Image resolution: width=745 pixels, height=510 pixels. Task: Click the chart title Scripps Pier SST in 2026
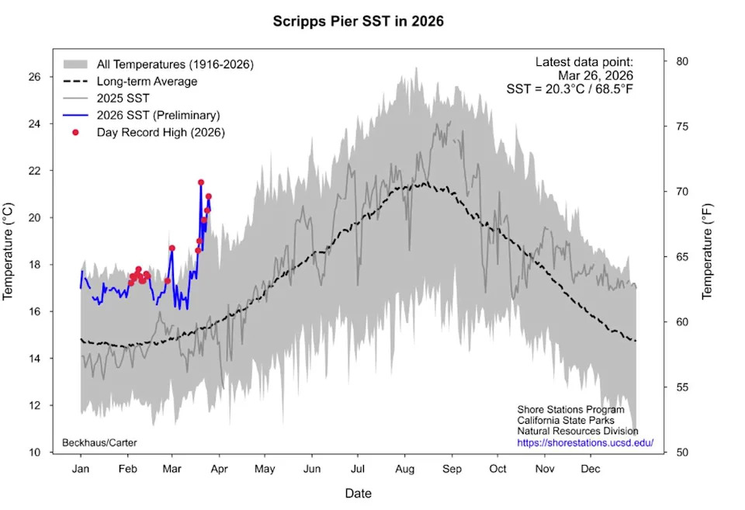[358, 21]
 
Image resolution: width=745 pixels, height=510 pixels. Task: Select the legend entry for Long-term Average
[147, 82]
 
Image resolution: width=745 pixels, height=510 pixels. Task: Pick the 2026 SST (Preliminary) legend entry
[158, 115]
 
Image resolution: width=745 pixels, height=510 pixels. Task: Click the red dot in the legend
[75, 132]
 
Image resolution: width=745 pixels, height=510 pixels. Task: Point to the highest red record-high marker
[201, 182]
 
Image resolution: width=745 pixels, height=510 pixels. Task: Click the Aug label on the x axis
[404, 469]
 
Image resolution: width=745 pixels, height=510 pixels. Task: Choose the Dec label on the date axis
[591, 469]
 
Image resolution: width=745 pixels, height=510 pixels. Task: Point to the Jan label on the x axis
[80, 469]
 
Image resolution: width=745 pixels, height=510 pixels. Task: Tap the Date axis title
[358, 493]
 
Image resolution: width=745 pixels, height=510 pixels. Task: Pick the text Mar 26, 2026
[596, 75]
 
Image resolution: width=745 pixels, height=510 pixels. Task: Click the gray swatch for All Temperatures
[75, 64]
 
